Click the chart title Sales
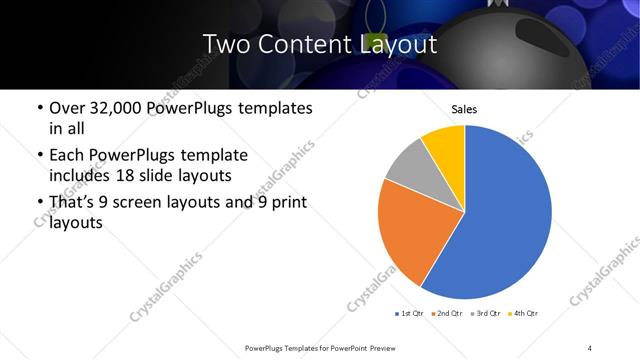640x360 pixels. [464, 108]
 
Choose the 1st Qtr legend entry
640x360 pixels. [411, 314]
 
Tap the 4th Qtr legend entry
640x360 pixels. [525, 314]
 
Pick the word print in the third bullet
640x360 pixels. [287, 202]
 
